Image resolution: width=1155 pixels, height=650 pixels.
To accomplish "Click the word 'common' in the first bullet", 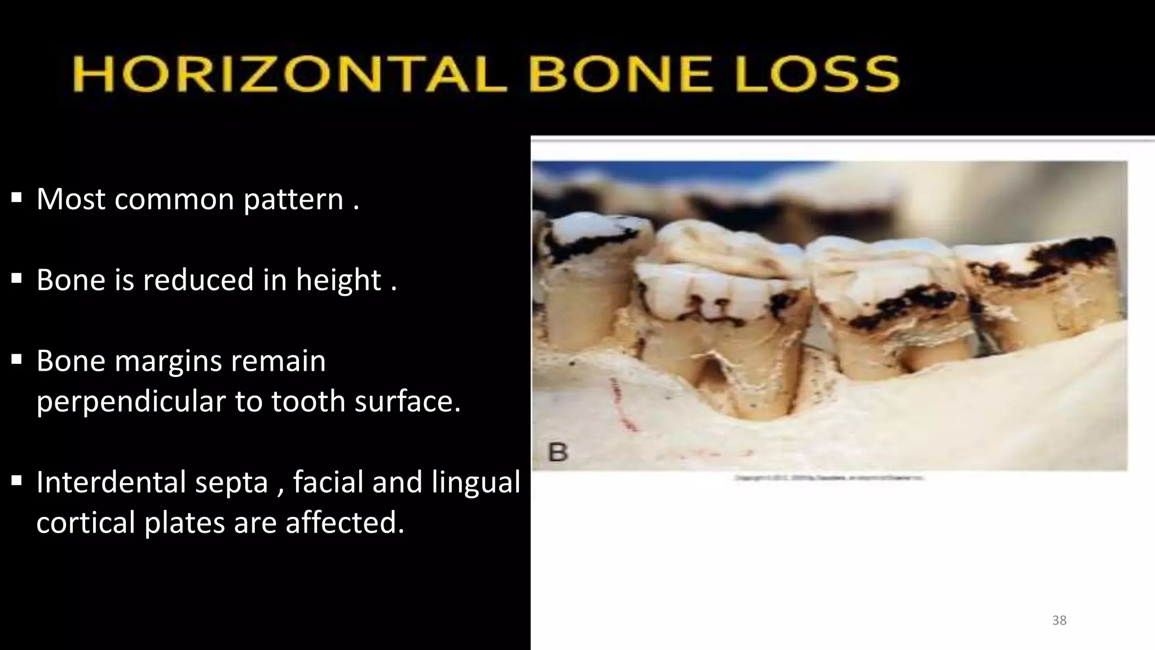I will click(x=174, y=199).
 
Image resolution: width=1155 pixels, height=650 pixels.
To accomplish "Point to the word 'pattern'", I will click(x=293, y=200).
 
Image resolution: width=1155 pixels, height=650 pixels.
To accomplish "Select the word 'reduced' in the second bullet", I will click(x=199, y=280).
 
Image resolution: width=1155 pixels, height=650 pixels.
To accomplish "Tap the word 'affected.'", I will click(x=345, y=522).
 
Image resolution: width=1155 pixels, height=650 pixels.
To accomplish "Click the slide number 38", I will click(x=1059, y=621).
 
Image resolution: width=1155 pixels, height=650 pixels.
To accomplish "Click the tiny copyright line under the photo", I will click(x=829, y=478).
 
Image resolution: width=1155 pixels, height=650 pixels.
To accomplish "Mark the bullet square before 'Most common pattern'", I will click(x=16, y=198).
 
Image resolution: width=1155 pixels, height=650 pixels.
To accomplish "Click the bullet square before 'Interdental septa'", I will click(x=16, y=481).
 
